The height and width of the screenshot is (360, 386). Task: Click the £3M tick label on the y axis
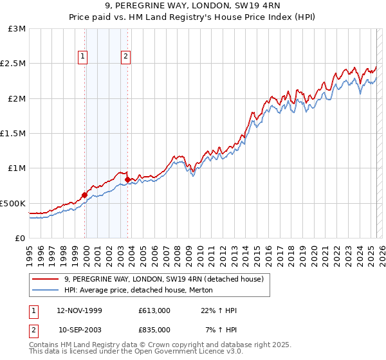pyautogui.click(x=17, y=29)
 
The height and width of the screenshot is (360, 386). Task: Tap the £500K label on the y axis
pyautogui.click(x=14, y=203)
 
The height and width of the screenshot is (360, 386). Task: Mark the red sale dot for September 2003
pyautogui.click(x=128, y=180)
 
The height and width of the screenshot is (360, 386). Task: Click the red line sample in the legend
pyautogui.click(x=46, y=280)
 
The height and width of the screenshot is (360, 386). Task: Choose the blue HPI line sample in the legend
pyautogui.click(x=46, y=290)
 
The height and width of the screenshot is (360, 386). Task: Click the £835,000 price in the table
pyautogui.click(x=154, y=330)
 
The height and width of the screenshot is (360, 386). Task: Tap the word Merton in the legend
pyautogui.click(x=190, y=290)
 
